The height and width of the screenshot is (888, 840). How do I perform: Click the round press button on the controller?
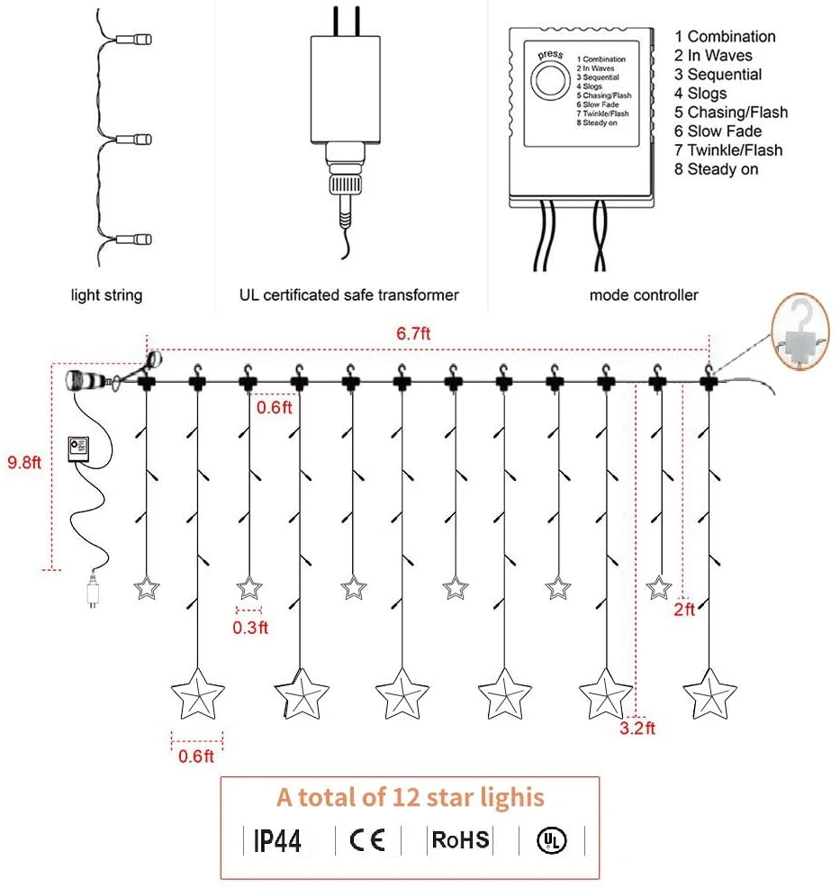(x=548, y=84)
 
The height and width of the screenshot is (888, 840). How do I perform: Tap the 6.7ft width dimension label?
(x=414, y=333)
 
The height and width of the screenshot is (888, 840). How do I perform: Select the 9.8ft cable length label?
(x=26, y=461)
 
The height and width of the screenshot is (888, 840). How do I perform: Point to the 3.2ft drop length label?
(x=638, y=728)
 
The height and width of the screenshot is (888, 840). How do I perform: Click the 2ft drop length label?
(x=684, y=610)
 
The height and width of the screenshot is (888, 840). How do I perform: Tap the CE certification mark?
(x=366, y=840)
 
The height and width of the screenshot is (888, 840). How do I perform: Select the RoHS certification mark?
(x=460, y=840)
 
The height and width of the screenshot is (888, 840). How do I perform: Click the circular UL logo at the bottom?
(x=548, y=840)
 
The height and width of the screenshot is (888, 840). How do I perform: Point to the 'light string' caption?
(x=106, y=295)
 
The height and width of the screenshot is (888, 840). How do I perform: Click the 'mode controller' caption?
(x=643, y=295)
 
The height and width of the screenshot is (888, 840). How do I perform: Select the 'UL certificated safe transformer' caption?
(x=348, y=295)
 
